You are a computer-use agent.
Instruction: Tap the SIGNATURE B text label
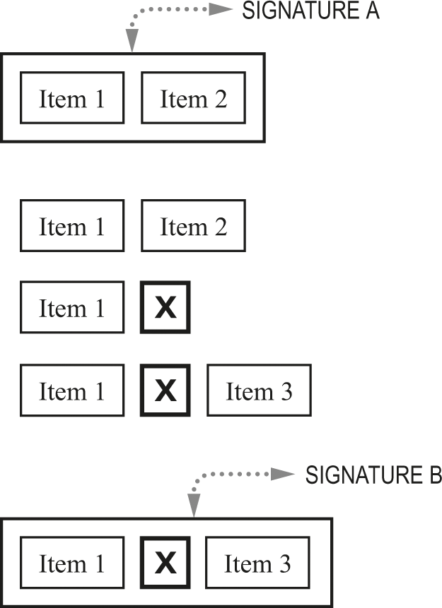pyautogui.click(x=373, y=475)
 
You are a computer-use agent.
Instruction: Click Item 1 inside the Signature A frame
pyautogui.click(x=72, y=97)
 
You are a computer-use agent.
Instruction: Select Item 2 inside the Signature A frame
pyautogui.click(x=194, y=97)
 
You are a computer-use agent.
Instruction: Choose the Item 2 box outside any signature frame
pyautogui.click(x=194, y=226)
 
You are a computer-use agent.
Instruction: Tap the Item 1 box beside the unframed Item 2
pyautogui.click(x=72, y=226)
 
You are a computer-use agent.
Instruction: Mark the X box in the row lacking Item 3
pyautogui.click(x=165, y=307)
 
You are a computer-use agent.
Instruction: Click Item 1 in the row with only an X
pyautogui.click(x=72, y=307)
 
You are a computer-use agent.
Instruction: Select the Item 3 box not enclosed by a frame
pyautogui.click(x=259, y=390)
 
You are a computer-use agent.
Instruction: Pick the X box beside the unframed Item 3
pyautogui.click(x=165, y=390)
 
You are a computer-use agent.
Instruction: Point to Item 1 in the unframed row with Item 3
pyautogui.click(x=72, y=390)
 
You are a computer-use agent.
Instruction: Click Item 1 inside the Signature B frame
pyautogui.click(x=72, y=563)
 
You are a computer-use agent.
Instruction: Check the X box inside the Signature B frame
pyautogui.click(x=165, y=563)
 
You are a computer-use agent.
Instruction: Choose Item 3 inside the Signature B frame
pyautogui.click(x=257, y=563)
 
